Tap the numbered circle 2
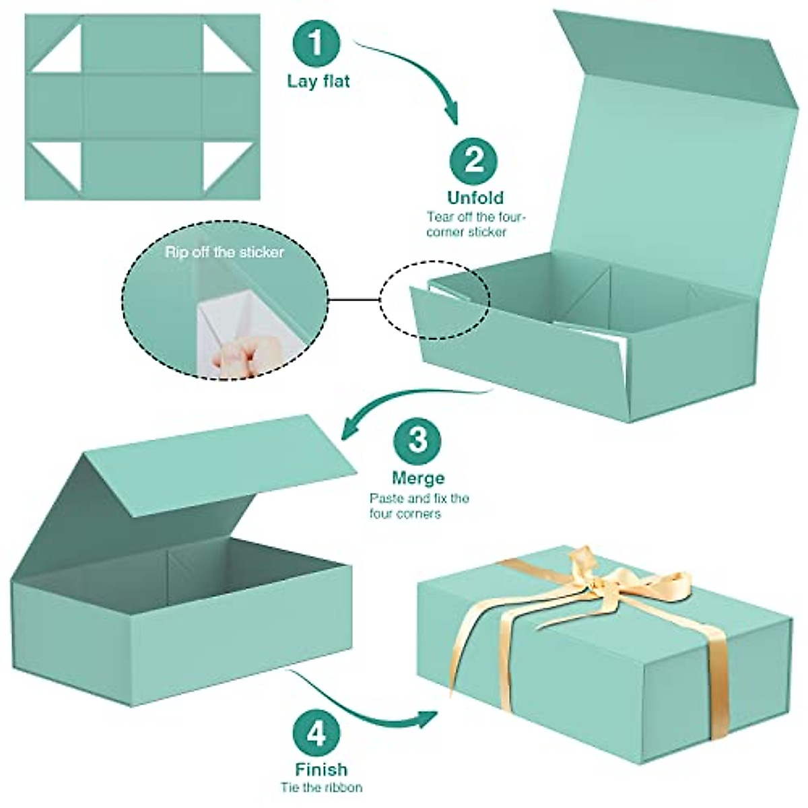(x=474, y=160)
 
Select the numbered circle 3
(x=417, y=440)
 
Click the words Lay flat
(x=318, y=82)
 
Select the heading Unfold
(x=475, y=198)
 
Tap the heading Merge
(x=418, y=478)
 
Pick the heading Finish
(x=321, y=770)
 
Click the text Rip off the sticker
(x=225, y=252)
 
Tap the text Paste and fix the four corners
(x=419, y=506)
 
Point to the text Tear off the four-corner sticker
(x=475, y=224)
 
